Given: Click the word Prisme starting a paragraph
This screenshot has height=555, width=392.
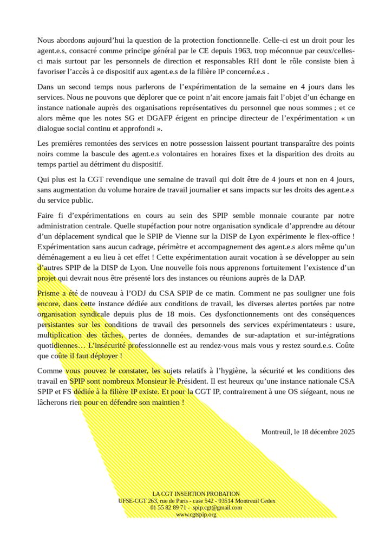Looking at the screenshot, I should pyautogui.click(x=50, y=293).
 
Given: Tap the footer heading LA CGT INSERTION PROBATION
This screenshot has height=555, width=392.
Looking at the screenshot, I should pyautogui.click(x=196, y=494).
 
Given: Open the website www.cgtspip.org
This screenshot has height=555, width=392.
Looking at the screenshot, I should pyautogui.click(x=196, y=514).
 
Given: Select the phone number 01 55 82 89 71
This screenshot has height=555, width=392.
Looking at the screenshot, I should pyautogui.click(x=168, y=508).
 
